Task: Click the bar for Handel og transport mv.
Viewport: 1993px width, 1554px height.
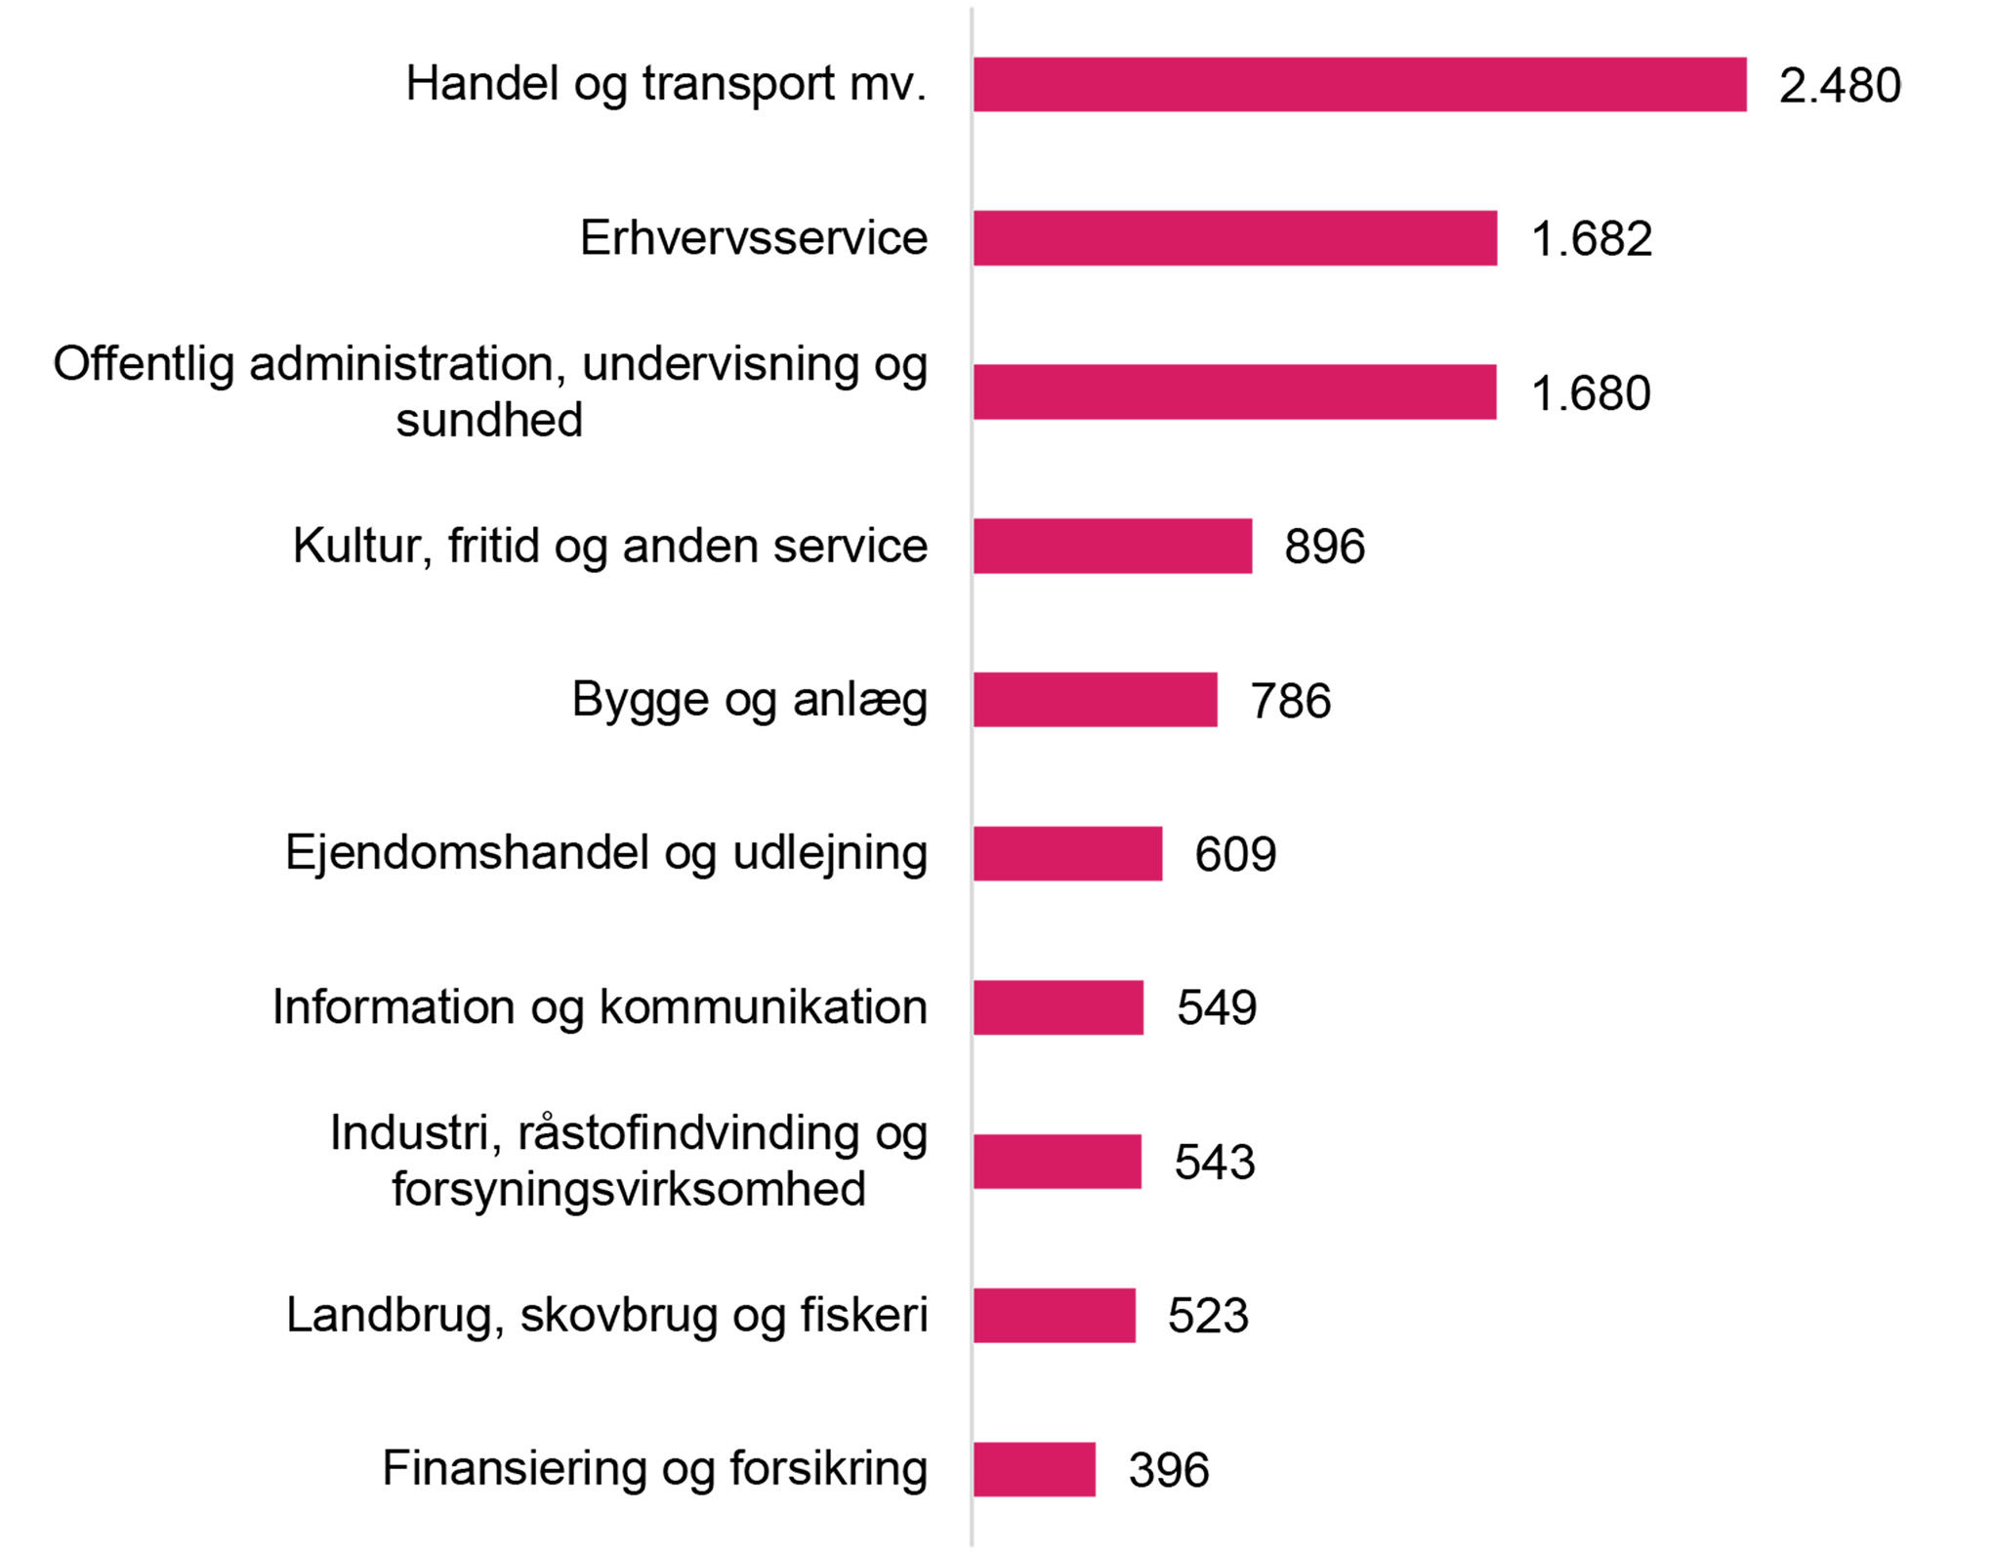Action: [x=1359, y=85]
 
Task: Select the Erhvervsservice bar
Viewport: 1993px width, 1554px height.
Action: [x=1235, y=238]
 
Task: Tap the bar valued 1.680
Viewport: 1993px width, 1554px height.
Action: [x=1234, y=392]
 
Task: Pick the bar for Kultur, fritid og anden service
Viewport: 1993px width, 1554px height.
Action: [x=1112, y=546]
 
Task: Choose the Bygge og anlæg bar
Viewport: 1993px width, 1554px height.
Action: [x=1095, y=700]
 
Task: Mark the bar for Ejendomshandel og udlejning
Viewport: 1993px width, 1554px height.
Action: [x=1067, y=854]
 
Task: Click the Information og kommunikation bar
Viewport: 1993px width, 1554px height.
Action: [x=1058, y=1007]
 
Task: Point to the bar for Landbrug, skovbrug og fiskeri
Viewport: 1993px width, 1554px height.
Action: [x=1054, y=1316]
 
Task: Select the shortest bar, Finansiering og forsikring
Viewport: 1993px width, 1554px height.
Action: [x=1034, y=1469]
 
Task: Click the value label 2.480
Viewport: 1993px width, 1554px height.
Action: [x=1840, y=86]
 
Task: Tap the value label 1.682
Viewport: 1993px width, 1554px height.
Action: [x=1592, y=239]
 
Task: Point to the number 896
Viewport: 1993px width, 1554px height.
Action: [x=1324, y=547]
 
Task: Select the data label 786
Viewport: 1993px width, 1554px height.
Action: [x=1290, y=701]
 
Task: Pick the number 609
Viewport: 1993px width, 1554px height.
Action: [x=1235, y=855]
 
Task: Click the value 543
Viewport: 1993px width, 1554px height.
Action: [x=1214, y=1163]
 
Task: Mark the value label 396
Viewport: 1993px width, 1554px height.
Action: [x=1169, y=1470]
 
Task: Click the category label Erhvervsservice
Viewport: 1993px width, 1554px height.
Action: [x=753, y=238]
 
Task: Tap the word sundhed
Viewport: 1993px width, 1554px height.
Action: [x=489, y=421]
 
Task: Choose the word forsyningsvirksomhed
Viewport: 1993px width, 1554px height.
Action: [x=629, y=1190]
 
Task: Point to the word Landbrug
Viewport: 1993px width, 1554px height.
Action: [x=394, y=1315]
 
